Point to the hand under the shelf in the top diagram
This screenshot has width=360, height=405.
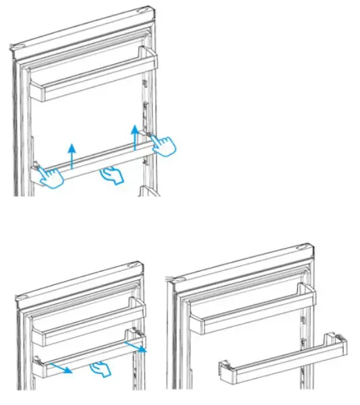click(x=111, y=177)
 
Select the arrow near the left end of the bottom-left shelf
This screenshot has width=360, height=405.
click(x=61, y=369)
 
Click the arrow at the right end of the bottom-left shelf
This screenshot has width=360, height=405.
click(x=138, y=346)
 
